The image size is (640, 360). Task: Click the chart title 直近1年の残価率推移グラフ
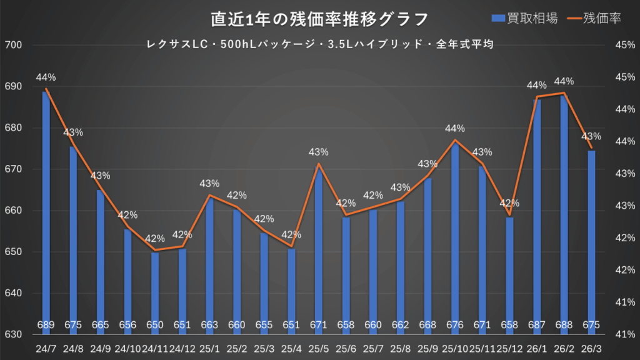tap(319, 19)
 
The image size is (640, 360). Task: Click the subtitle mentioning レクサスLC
tap(319, 44)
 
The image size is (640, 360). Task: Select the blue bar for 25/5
tap(318, 250)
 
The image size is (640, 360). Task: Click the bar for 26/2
tap(564, 212)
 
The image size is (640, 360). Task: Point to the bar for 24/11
tap(155, 287)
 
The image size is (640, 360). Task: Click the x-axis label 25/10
tap(454, 348)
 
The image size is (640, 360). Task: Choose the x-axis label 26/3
tap(591, 348)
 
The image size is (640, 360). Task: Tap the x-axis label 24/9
tap(100, 348)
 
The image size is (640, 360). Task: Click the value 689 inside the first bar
tap(46, 325)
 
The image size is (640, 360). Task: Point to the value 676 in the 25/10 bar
tap(454, 325)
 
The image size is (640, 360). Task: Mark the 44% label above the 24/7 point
tap(46, 77)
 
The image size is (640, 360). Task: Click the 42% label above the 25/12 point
tap(509, 203)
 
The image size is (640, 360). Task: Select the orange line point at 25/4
tap(291, 247)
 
